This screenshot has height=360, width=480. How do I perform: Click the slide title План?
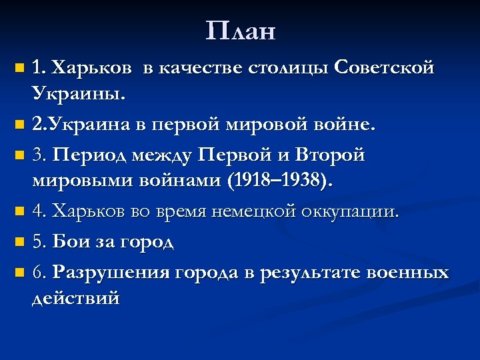[240, 31]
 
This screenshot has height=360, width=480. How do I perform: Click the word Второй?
[331, 155]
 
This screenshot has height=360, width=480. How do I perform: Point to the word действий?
[75, 299]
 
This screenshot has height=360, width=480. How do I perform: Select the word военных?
[410, 273]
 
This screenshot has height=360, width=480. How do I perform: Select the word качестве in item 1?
[203, 67]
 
